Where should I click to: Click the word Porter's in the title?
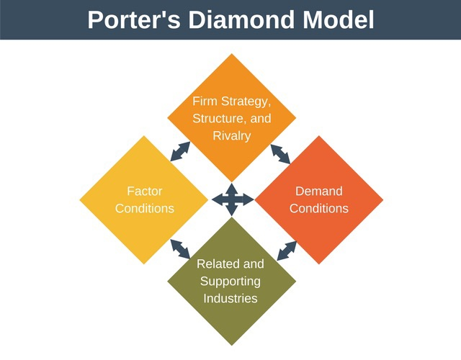(133, 19)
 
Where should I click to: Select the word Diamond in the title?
(241, 19)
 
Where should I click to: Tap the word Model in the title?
(339, 19)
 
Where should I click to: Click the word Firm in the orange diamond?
(205, 101)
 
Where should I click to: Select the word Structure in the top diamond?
(215, 118)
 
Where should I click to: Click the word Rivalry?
(231, 135)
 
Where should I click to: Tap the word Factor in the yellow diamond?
(144, 192)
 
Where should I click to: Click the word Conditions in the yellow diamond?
(144, 209)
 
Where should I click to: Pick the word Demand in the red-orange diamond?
(319, 192)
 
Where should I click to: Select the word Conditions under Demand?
(319, 209)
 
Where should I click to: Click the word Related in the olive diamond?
(218, 264)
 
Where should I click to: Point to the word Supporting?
(230, 281)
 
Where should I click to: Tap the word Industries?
(230, 298)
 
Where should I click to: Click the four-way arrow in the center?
(231, 199)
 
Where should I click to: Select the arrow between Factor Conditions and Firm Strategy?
(180, 151)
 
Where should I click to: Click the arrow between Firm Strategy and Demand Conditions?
(281, 153)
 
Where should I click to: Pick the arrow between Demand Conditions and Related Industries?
(287, 250)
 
